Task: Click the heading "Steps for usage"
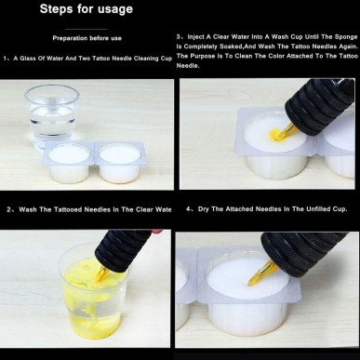[86, 9]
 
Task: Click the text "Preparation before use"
[89, 40]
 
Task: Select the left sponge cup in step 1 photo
[65, 161]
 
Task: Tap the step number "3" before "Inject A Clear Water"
[179, 36]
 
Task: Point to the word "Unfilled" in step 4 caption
[312, 208]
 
